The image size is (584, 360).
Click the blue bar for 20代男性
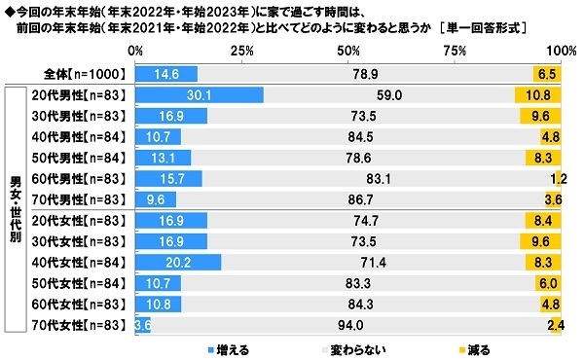click(200, 95)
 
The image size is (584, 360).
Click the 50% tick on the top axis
click(347, 50)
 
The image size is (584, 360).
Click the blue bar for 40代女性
click(178, 262)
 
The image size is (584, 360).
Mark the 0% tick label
click(137, 50)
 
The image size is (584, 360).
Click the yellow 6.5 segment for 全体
click(547, 73)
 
